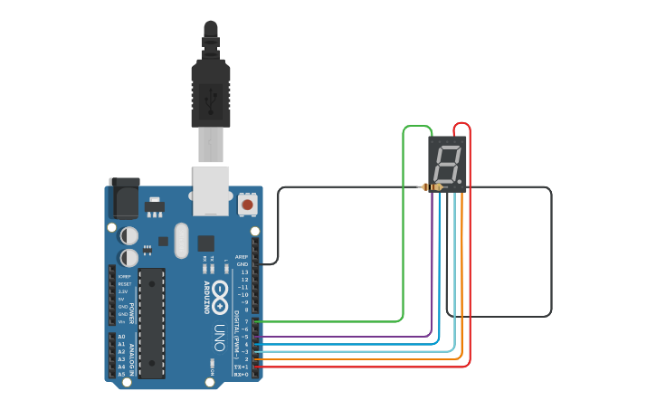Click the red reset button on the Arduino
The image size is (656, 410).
(247, 205)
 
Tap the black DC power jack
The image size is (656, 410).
(124, 196)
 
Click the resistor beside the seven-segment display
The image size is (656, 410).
(433, 187)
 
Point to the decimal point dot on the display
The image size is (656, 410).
(461, 182)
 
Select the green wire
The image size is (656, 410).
(404, 226)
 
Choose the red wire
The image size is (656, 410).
(470, 272)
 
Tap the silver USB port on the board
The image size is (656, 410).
(211, 190)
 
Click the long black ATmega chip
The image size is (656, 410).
(152, 322)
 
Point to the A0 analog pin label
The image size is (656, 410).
(121, 337)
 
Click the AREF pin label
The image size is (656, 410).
(242, 257)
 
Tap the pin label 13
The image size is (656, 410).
(243, 272)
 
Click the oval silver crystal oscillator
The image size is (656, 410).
(181, 240)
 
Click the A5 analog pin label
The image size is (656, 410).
(121, 374)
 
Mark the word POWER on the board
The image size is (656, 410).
(132, 312)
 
